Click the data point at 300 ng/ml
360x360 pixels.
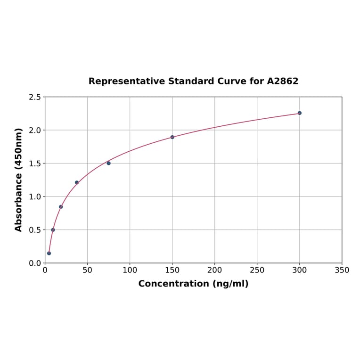point(299,113)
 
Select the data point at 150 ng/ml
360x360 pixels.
point(172,137)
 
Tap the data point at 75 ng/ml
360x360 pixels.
point(108,163)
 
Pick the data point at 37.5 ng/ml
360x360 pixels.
point(77,182)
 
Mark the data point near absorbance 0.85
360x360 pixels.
point(61,207)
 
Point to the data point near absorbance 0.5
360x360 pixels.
point(53,230)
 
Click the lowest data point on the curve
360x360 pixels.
point(49,253)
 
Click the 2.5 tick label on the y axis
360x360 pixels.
point(35,97)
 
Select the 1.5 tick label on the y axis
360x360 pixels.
point(35,164)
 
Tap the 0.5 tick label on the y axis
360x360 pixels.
point(35,230)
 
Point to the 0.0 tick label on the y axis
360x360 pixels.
point(35,263)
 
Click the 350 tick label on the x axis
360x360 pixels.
point(342,270)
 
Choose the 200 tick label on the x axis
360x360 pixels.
point(214,270)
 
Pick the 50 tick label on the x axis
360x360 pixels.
point(87,270)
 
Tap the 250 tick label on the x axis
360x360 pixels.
point(257,270)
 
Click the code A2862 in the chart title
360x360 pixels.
point(283,81)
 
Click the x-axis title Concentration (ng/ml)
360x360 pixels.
point(193,284)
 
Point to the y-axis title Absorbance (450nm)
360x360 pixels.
point(19,180)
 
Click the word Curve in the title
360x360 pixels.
point(232,81)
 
